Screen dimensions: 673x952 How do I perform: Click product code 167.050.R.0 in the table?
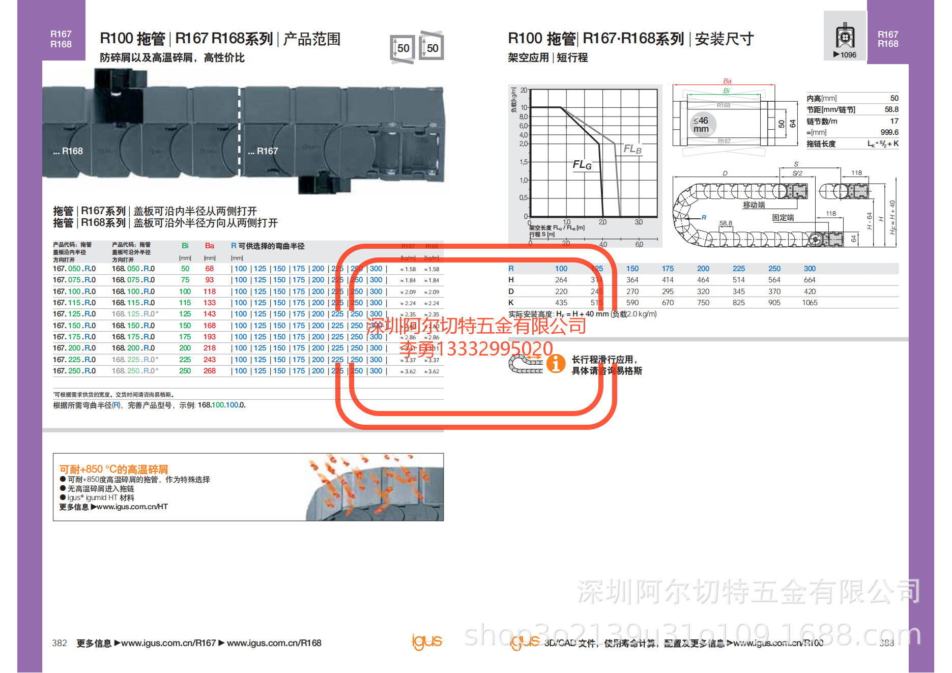[x=74, y=269]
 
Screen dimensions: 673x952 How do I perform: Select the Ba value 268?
[x=210, y=371]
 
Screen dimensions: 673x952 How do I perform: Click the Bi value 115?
[x=185, y=303]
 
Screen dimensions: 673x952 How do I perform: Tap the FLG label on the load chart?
[x=582, y=165]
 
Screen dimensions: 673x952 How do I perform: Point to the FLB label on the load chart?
[x=632, y=149]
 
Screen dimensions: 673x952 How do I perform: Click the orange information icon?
[x=556, y=364]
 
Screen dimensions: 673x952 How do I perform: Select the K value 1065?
[x=810, y=303]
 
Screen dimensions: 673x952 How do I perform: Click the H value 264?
[x=561, y=280]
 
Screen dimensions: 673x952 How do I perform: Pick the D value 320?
[x=703, y=291]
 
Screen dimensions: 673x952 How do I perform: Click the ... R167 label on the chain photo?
[x=263, y=151]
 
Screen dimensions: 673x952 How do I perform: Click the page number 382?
[x=60, y=643]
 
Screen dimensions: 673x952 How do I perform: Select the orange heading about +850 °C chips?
[x=113, y=469]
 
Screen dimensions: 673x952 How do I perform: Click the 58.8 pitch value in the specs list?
[x=891, y=109]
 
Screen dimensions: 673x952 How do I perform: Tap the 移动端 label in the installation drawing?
[x=754, y=205]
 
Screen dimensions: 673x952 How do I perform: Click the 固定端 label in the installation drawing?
[x=783, y=218]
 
